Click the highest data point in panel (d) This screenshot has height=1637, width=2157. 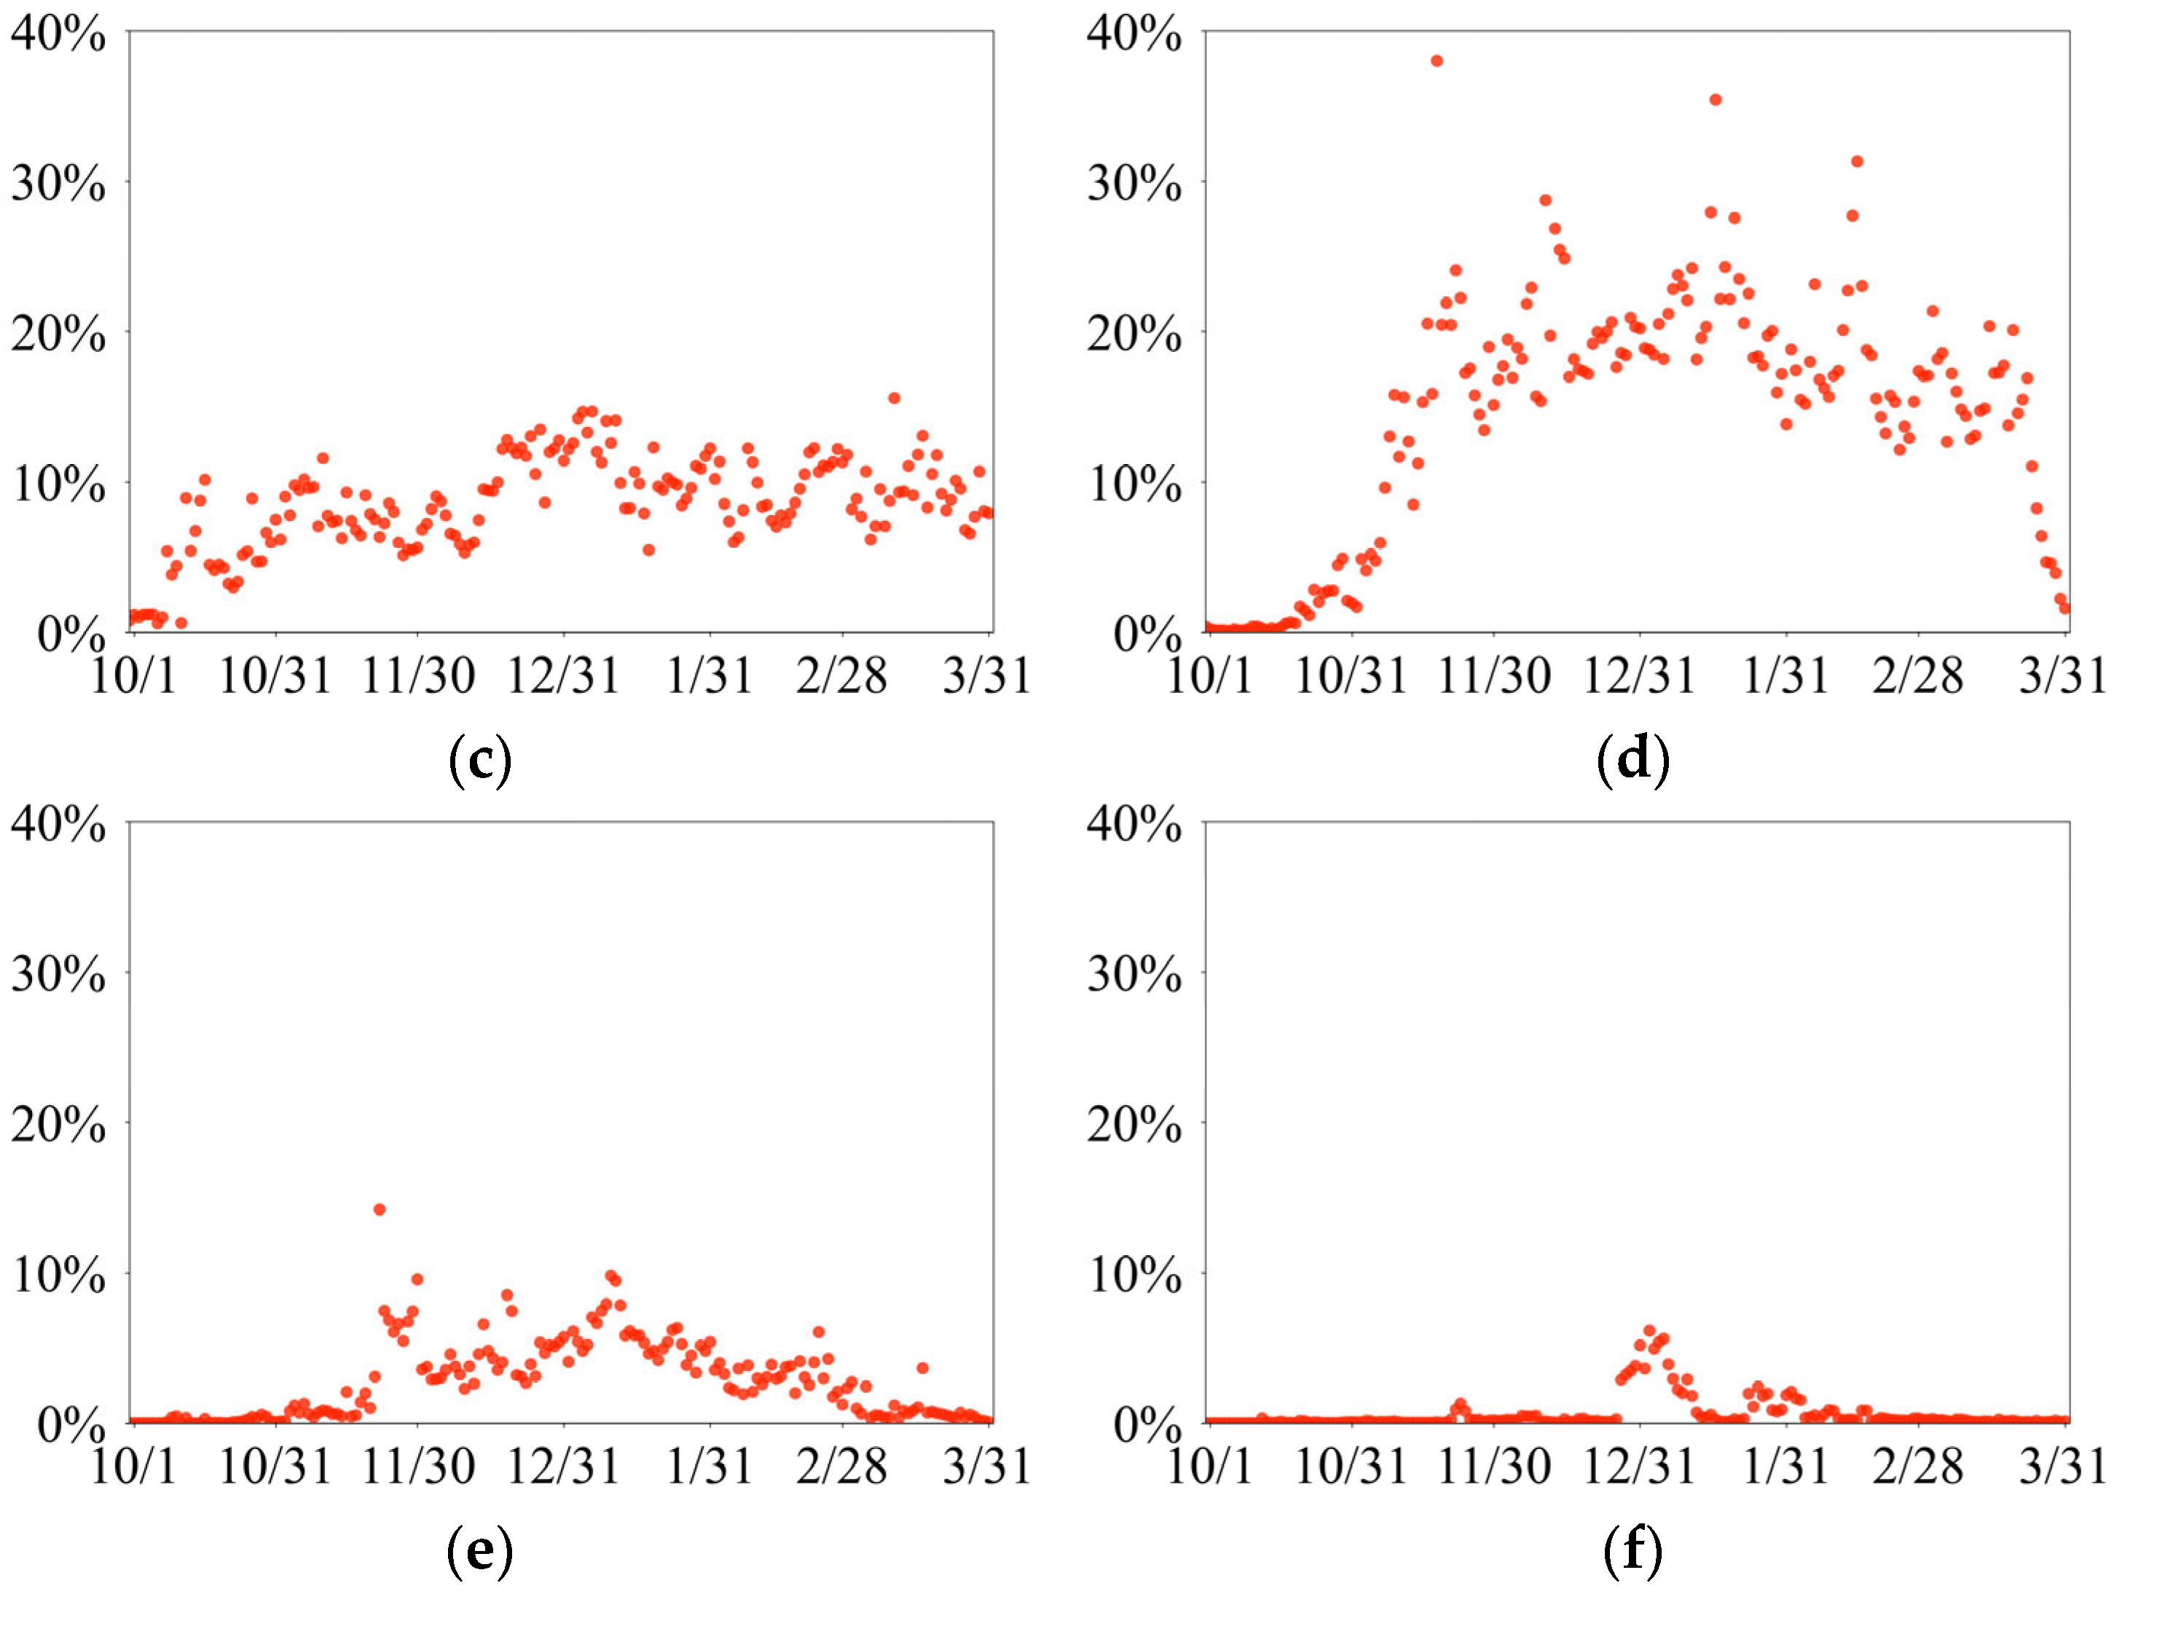(x=1437, y=61)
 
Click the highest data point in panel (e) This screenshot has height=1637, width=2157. (x=380, y=1210)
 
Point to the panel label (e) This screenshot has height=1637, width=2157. (x=480, y=1550)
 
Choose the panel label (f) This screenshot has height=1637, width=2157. (x=1633, y=1550)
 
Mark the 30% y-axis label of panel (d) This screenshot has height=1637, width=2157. (x=1134, y=184)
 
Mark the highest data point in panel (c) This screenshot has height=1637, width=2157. (x=893, y=398)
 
